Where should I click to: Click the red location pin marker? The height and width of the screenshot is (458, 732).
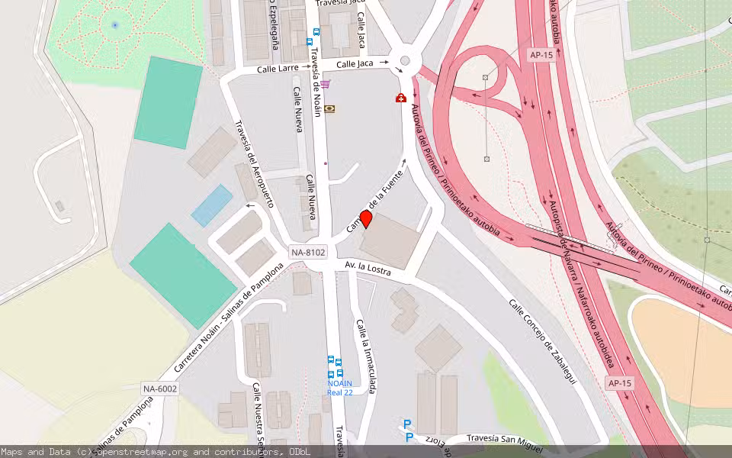[366, 220]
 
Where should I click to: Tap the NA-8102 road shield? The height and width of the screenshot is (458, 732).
[308, 252]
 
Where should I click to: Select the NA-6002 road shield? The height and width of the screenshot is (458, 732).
[160, 389]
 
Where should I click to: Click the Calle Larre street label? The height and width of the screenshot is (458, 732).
[277, 68]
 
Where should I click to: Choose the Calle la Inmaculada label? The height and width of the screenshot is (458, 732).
[366, 356]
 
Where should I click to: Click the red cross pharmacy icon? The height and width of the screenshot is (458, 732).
[400, 98]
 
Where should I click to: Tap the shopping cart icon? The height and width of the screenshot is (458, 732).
[326, 84]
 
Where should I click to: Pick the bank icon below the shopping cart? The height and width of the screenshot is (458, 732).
[329, 109]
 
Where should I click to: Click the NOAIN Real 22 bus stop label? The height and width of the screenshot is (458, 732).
[339, 387]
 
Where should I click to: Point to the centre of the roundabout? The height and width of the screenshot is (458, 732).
[405, 61]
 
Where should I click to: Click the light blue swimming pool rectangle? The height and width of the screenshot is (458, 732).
[211, 205]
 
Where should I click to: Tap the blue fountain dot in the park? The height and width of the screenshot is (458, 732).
[115, 24]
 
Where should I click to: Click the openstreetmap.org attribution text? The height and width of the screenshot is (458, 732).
[141, 452]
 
